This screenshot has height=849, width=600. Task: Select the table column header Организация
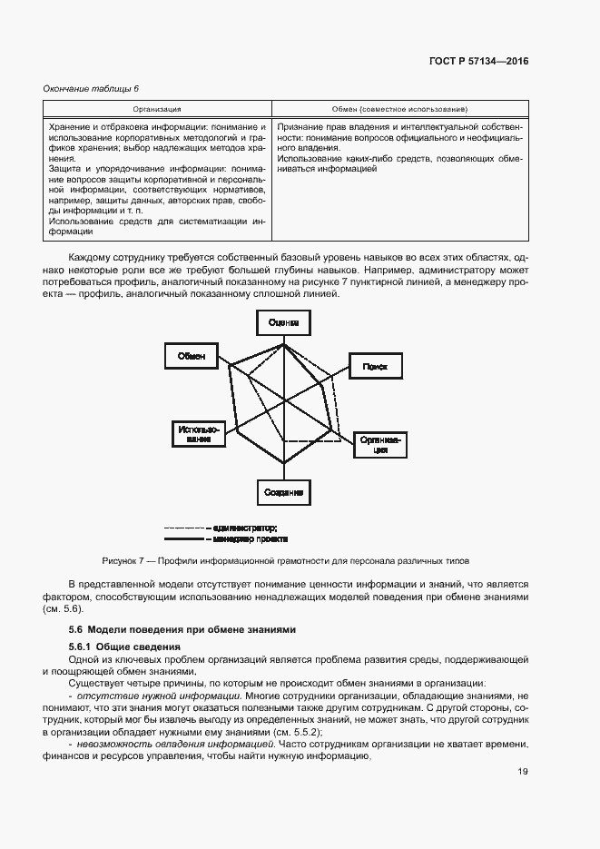pyautogui.click(x=156, y=108)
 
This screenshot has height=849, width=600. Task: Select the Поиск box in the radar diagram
pyautogui.click(x=375, y=366)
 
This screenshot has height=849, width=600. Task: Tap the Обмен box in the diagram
pyautogui.click(x=192, y=356)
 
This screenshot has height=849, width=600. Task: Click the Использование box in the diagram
pyautogui.click(x=194, y=434)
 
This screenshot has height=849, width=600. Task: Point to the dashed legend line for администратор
pyautogui.click(x=184, y=528)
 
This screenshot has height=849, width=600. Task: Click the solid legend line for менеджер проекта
pyautogui.click(x=184, y=538)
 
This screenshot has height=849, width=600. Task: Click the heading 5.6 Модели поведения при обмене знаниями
pyautogui.click(x=184, y=629)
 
